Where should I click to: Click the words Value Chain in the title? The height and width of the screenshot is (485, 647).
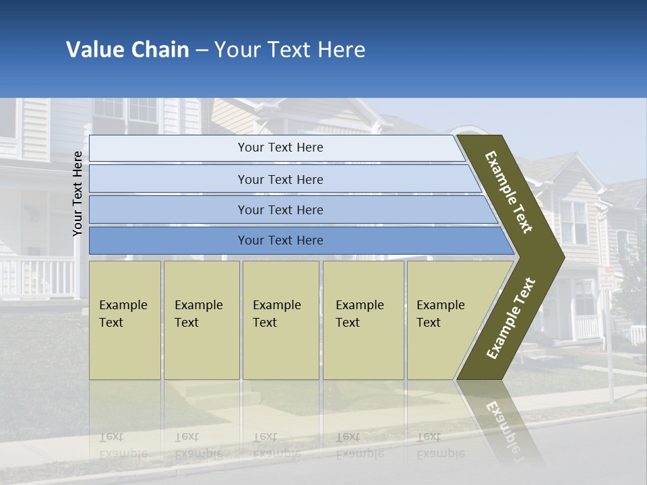[x=127, y=50]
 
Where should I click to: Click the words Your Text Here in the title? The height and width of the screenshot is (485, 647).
[x=290, y=50]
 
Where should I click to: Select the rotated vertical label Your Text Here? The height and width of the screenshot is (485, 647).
[x=78, y=193]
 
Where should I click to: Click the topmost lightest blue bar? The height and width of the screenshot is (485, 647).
[x=280, y=148]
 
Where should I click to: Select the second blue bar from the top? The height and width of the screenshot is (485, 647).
[x=280, y=179]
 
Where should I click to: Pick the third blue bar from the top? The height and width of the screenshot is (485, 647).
[x=280, y=209]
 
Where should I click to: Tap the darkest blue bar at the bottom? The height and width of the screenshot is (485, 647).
[x=280, y=240]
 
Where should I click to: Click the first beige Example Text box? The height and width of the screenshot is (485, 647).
[x=125, y=320]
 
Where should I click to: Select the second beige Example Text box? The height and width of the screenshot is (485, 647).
[x=201, y=320]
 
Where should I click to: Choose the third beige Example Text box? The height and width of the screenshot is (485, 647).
[x=280, y=320]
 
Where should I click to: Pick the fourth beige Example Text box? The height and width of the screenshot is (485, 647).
[x=363, y=320]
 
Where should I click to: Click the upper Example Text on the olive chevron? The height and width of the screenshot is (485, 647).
[x=509, y=192]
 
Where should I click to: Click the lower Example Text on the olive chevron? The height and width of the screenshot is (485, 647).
[x=511, y=318]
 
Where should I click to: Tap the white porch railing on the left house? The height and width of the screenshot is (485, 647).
[x=37, y=276]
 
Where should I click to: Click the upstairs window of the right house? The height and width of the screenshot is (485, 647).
[x=574, y=222]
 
